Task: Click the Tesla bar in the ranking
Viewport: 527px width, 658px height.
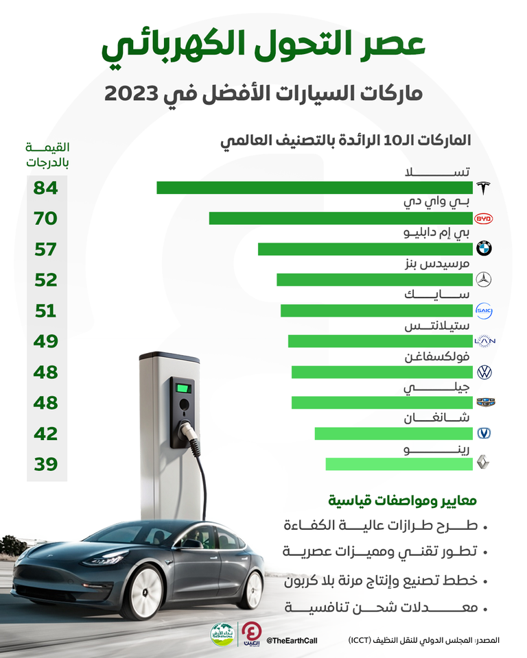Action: point(315,188)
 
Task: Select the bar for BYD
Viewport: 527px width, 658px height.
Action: point(341,219)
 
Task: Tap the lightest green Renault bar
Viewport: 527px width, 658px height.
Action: point(399,464)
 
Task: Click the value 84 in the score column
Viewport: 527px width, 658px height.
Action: point(47,188)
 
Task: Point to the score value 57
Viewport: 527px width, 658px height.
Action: point(47,249)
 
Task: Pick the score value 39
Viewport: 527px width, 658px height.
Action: point(47,465)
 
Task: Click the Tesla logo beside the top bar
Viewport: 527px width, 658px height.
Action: point(484,188)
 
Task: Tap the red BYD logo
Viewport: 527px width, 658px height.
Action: point(484,219)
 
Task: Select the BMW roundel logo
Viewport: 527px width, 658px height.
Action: point(484,249)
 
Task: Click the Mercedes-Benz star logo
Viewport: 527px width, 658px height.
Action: point(484,280)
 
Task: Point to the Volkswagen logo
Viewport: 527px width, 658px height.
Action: point(484,372)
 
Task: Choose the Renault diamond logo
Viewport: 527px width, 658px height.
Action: point(484,464)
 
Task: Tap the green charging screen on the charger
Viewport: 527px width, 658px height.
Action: point(183,389)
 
